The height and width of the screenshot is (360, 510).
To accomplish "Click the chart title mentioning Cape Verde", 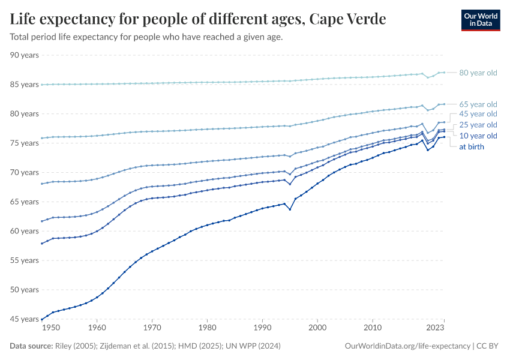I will (x=198, y=19).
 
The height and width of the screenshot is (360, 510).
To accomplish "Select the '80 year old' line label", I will (x=478, y=73).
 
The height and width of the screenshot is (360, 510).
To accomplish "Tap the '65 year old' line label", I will (x=478, y=104).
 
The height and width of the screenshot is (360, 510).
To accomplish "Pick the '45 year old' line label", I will (x=478, y=114).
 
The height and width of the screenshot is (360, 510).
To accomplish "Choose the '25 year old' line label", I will (x=478, y=125).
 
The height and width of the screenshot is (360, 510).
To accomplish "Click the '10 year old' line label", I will (x=478, y=136).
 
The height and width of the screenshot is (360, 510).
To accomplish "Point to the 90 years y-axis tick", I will (x=25, y=55).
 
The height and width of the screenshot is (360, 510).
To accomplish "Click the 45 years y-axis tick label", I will (x=25, y=319).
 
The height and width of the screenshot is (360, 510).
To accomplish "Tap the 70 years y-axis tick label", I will (x=25, y=173).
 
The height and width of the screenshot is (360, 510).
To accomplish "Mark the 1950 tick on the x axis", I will (x=51, y=329).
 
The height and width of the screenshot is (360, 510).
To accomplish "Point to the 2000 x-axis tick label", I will (x=317, y=329).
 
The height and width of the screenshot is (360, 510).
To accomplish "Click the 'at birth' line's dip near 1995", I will (x=290, y=209).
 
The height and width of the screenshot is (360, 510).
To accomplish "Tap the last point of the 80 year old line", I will (x=443, y=72).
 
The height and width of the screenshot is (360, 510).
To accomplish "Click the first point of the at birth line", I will (x=41, y=319).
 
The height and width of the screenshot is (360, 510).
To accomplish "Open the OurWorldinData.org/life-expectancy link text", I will (x=408, y=346).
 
